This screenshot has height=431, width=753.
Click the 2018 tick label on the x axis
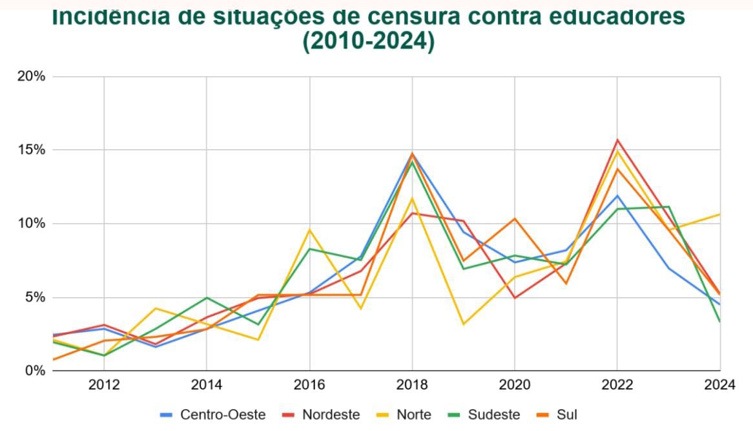click(x=412, y=385)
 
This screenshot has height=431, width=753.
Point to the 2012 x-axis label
click(x=103, y=385)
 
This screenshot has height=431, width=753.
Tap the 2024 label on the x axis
click(x=720, y=385)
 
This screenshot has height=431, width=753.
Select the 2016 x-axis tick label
click(x=309, y=385)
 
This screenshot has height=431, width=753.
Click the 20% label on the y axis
click(x=31, y=76)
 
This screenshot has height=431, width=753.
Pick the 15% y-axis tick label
click(x=31, y=150)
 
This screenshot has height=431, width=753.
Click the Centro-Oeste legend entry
click(x=213, y=415)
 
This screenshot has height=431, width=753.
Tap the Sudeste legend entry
click(x=486, y=415)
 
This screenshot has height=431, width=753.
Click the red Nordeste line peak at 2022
click(x=618, y=140)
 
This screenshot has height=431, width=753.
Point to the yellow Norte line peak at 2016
click(x=310, y=229)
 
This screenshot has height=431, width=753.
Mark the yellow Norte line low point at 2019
click(x=464, y=324)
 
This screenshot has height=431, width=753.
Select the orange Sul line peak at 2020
click(x=515, y=218)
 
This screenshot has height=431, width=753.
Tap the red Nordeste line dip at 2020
click(x=515, y=298)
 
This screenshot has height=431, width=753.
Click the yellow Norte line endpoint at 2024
click(x=719, y=214)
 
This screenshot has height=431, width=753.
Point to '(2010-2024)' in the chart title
click(x=368, y=41)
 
